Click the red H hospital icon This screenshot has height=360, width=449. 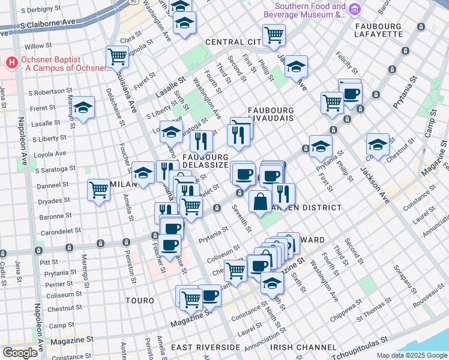11,61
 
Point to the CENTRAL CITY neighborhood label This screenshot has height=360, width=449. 233,42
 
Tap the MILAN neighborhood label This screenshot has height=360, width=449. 122,185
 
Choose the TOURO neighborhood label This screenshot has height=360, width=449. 140,299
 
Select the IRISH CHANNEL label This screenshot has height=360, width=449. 303,347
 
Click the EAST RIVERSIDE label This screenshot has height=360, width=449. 205,347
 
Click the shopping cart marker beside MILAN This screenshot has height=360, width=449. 99,190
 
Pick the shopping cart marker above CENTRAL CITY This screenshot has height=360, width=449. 274,35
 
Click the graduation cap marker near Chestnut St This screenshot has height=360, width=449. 378,144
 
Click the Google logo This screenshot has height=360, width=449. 20,353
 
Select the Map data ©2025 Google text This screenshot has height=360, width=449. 411,355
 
